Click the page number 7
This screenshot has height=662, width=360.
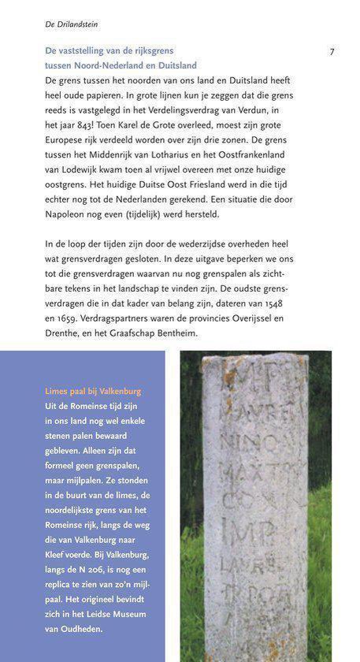click(x=332, y=53)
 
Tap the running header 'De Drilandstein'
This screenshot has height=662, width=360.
click(x=71, y=25)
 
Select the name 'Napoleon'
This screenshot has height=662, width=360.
click(x=69, y=214)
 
